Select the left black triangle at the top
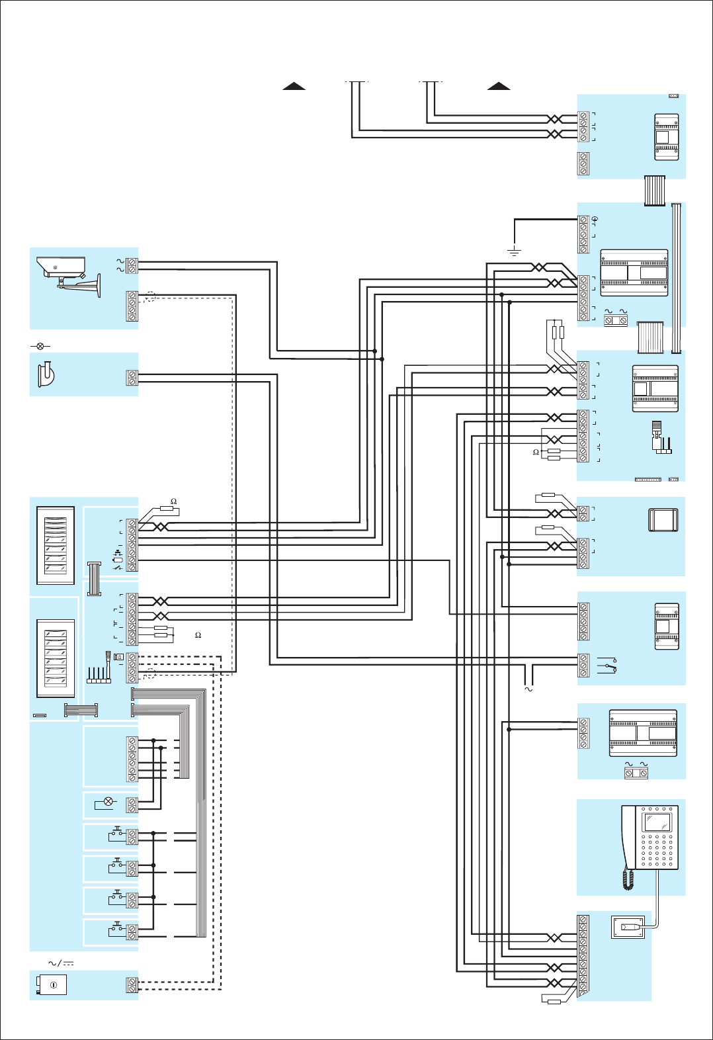(294, 85)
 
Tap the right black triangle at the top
(499, 85)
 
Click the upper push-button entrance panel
(56, 545)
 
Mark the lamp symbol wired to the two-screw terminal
(108, 802)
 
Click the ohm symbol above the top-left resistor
(174, 501)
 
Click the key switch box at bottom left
(50, 985)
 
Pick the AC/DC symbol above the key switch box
(61, 963)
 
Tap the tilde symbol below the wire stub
(528, 689)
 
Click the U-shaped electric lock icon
(46, 374)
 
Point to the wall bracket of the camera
(93, 285)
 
